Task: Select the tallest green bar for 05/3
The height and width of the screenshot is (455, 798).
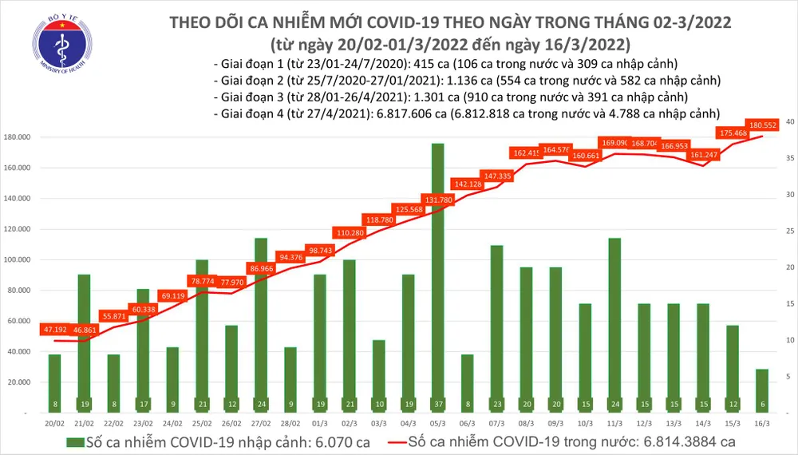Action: [437, 271]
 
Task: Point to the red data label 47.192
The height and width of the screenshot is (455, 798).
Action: [54, 328]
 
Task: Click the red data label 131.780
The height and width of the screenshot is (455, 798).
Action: [437, 199]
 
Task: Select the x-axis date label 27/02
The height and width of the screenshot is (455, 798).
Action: [260, 422]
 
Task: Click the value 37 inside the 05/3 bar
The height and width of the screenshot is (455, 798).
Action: [437, 404]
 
